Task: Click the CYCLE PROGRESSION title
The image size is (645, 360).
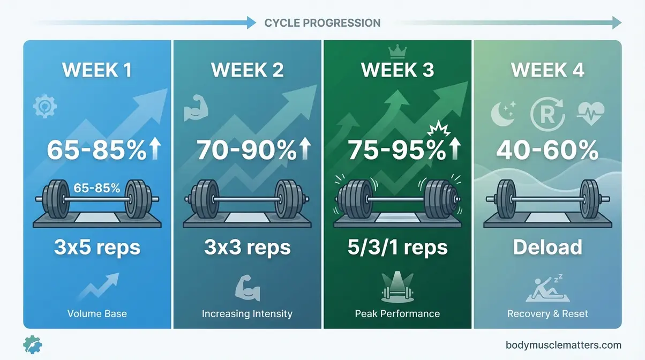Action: point(322,23)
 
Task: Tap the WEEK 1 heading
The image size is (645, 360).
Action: point(97,70)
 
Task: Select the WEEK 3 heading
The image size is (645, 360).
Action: point(397,70)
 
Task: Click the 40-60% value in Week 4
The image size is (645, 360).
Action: point(547,151)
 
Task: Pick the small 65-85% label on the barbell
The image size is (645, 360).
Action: point(97,188)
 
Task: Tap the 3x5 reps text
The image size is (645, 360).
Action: point(97,247)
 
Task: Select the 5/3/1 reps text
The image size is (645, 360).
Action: point(397,247)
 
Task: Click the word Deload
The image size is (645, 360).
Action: point(547,247)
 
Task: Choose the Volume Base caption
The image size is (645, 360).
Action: point(97,313)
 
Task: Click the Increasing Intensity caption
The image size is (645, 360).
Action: point(247,313)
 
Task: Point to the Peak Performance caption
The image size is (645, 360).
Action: point(397,313)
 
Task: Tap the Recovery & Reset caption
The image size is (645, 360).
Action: point(547,313)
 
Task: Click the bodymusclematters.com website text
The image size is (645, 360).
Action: point(563,345)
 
